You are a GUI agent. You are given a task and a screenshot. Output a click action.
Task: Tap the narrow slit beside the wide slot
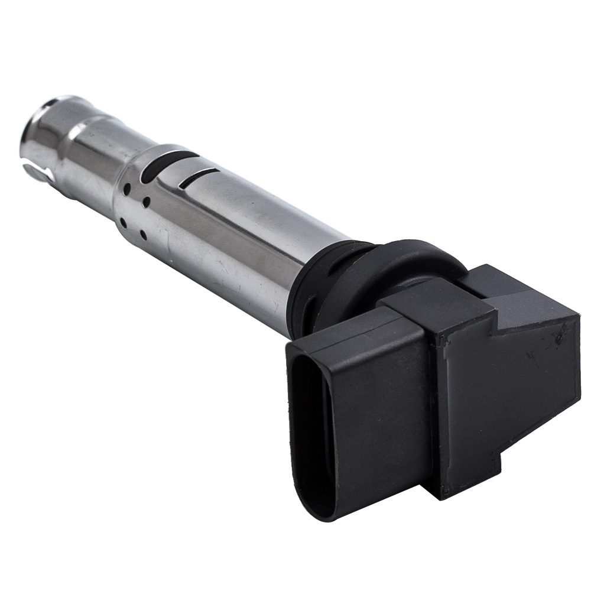click(200, 174)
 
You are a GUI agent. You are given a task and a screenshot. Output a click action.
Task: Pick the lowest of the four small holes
click(142, 235)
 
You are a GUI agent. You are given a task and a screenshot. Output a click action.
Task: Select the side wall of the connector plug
click(378, 426)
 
